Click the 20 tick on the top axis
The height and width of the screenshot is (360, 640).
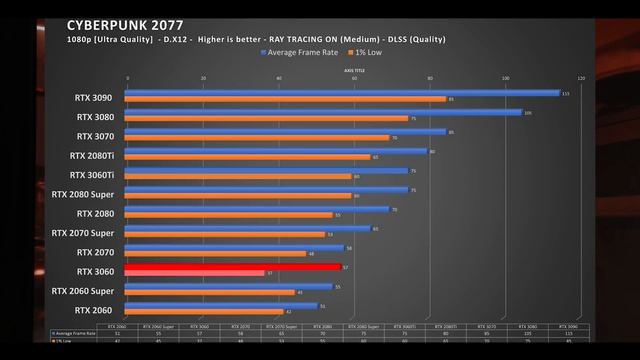point(203,78)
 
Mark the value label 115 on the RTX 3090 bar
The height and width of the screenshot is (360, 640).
point(565,93)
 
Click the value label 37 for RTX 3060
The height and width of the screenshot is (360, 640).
point(270,273)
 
